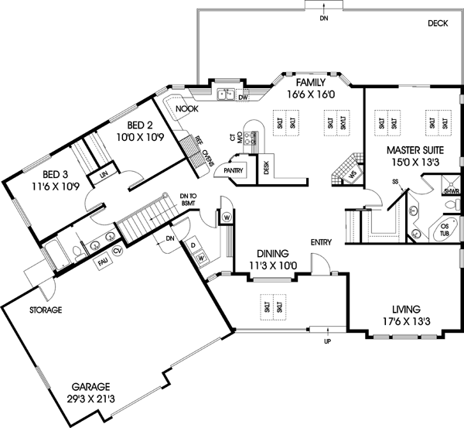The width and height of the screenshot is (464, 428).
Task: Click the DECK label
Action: [438, 24]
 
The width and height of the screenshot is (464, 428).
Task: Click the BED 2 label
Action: [140, 125]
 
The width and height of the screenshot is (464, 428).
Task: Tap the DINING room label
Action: [269, 253]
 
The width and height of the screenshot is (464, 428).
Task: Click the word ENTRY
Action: [322, 242]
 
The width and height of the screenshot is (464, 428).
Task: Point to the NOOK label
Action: [186, 109]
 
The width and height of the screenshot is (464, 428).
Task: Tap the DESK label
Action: [265, 167]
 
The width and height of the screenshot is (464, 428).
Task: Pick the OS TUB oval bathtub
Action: [444, 232]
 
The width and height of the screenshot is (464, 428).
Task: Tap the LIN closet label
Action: [102, 175]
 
